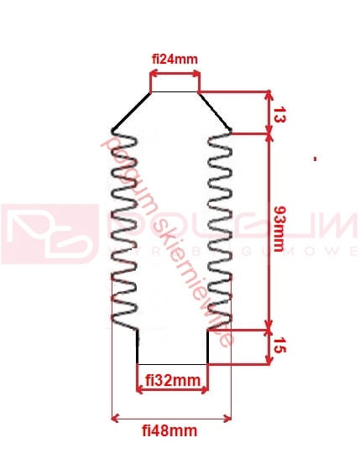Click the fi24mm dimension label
pyautogui.click(x=175, y=60)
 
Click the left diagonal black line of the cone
pyautogui.click(x=131, y=111)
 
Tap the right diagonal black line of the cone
pyautogui.click(x=215, y=111)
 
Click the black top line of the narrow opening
pyautogui.click(x=175, y=91)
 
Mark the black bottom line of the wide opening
pyautogui.click(x=172, y=363)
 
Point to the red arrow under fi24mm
pyautogui.click(x=175, y=74)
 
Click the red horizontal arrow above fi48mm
pyautogui.click(x=171, y=417)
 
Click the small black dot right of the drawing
pyautogui.click(x=314, y=158)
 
